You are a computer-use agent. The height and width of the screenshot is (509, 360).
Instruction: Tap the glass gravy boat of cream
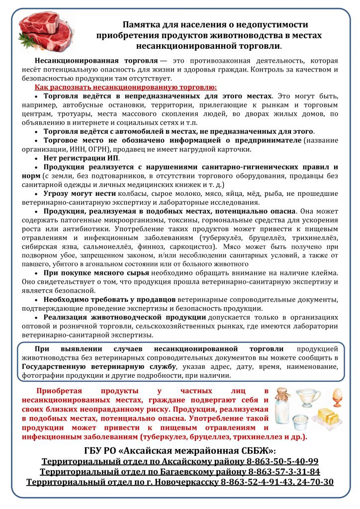309,397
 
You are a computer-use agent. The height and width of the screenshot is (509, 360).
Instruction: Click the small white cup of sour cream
301,422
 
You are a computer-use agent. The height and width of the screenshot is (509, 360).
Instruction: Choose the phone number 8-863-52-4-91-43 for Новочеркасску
252,482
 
